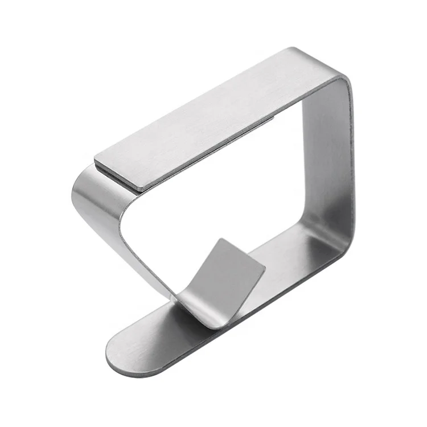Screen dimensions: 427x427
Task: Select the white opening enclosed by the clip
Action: [x=228, y=194]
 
